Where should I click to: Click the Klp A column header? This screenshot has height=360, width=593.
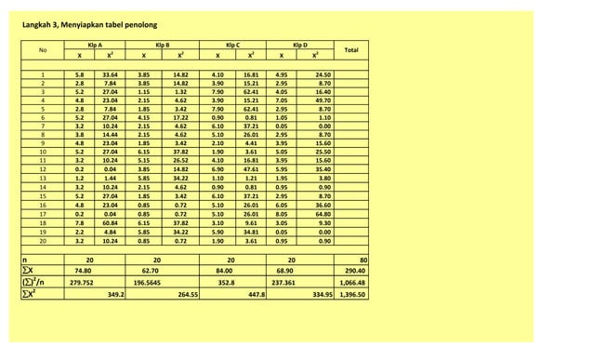coord(94,45)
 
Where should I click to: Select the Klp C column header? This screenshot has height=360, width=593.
coord(233,45)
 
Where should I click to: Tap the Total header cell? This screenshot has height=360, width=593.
coord(350,50)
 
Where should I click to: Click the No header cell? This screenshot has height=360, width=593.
coord(43,50)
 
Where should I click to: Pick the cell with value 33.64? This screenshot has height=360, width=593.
coord(110,74)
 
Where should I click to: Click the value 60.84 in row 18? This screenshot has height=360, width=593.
coord(110,223)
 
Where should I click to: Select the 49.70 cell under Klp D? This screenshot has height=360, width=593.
coord(323,100)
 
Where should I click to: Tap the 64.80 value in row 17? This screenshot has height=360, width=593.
coord(323,215)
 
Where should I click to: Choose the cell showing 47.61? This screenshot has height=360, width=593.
coord(251,169)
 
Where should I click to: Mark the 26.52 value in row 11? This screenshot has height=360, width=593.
coord(180,161)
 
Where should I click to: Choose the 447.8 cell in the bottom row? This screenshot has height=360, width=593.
coord(257,295)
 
